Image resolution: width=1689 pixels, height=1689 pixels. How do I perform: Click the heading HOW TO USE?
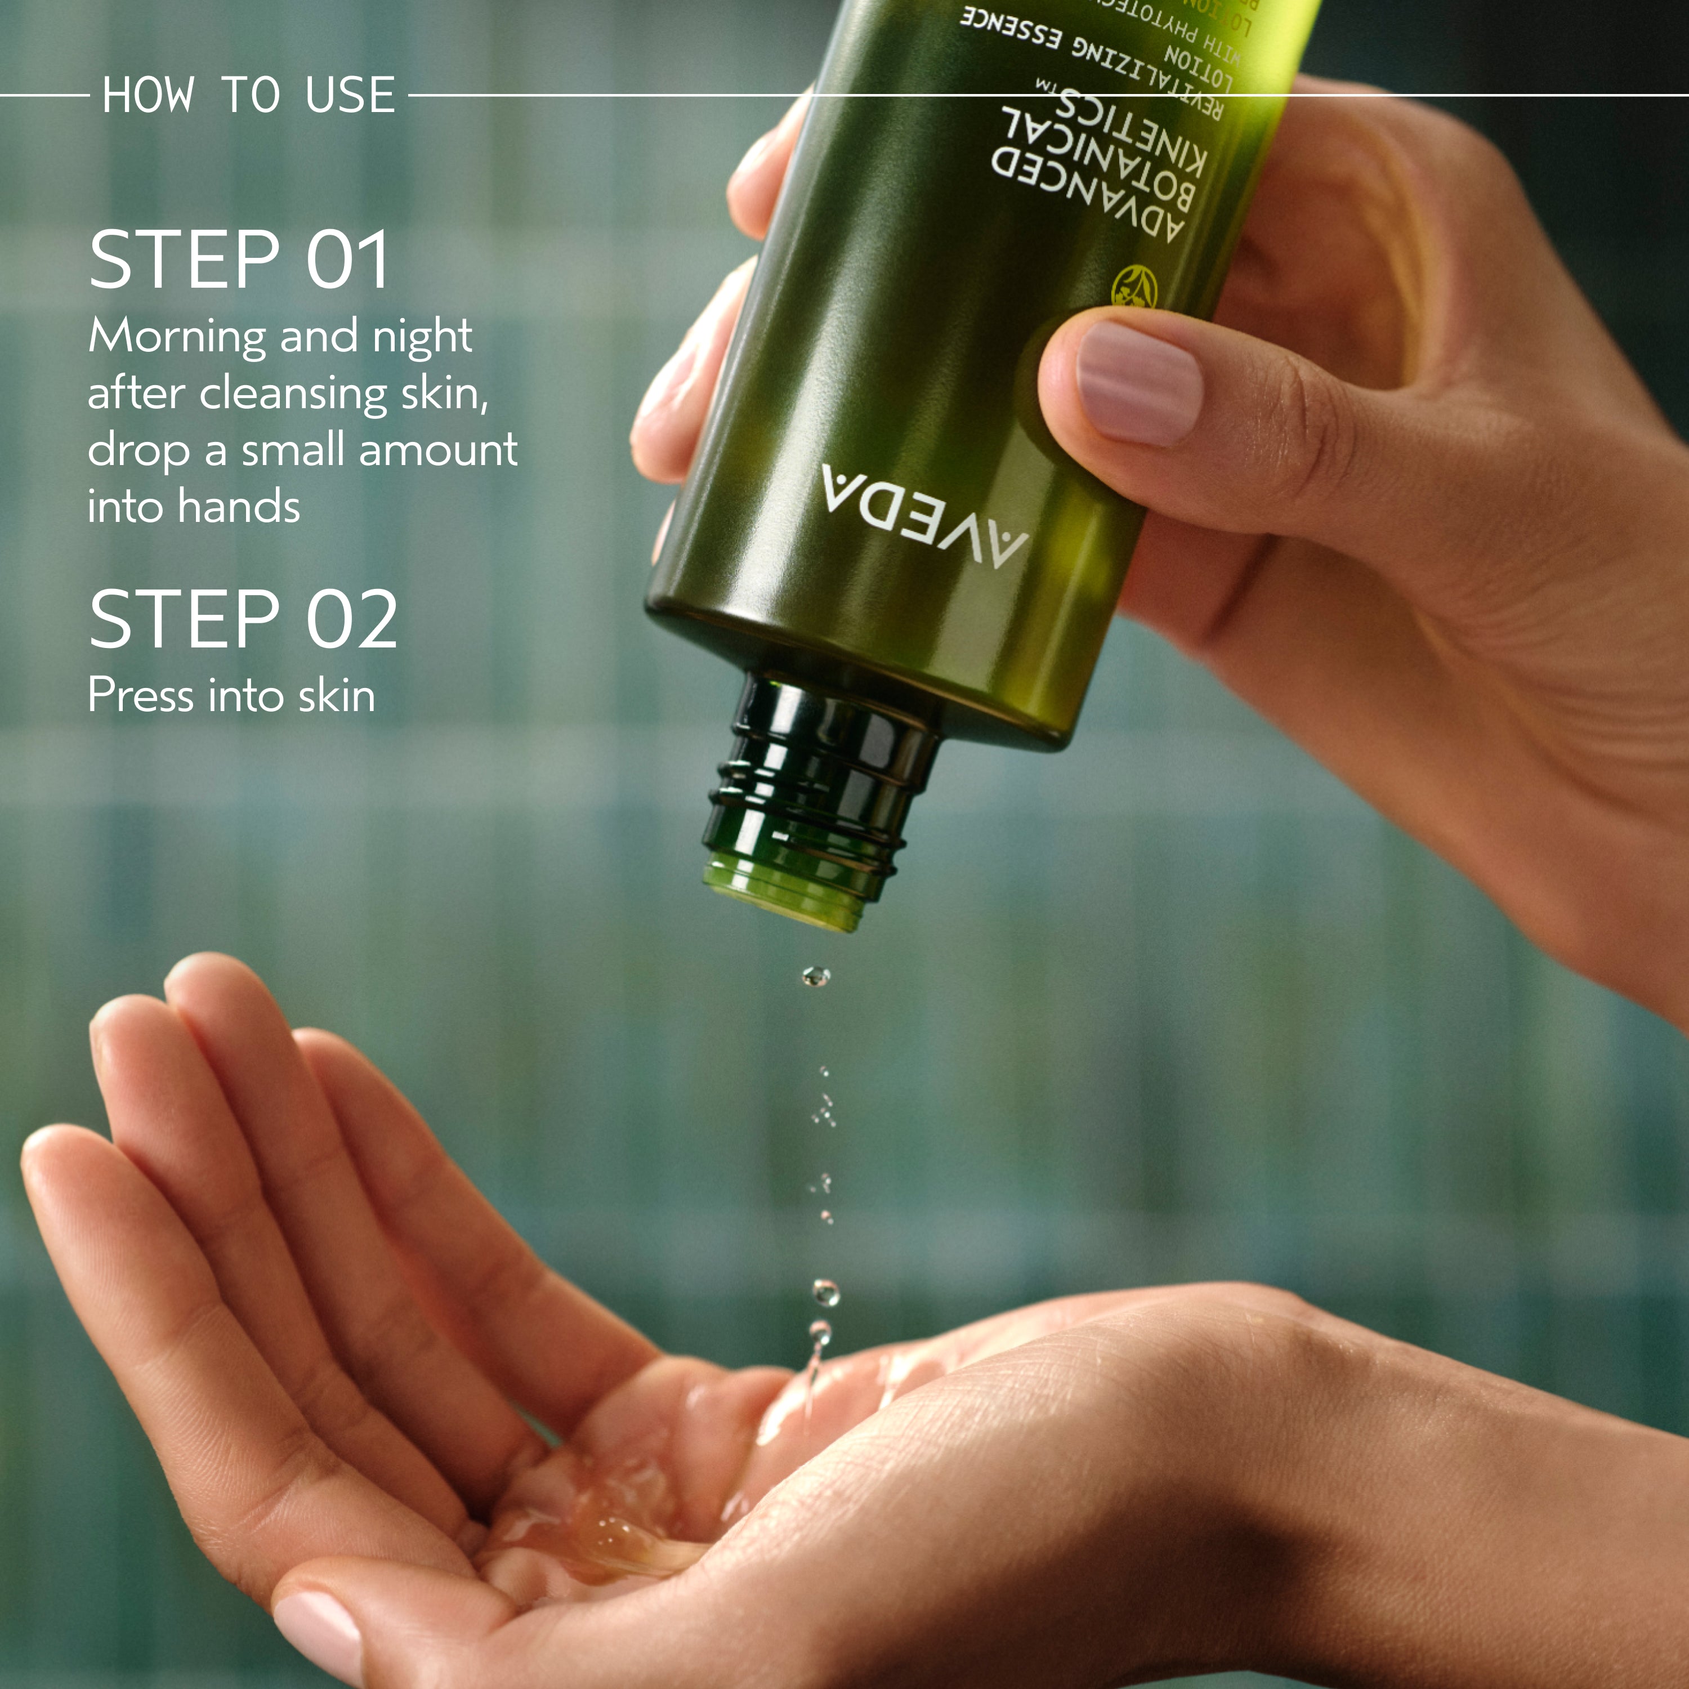(x=248, y=95)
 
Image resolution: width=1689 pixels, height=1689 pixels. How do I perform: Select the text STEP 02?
(x=243, y=619)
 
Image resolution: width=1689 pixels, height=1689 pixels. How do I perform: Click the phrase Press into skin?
(x=231, y=696)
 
